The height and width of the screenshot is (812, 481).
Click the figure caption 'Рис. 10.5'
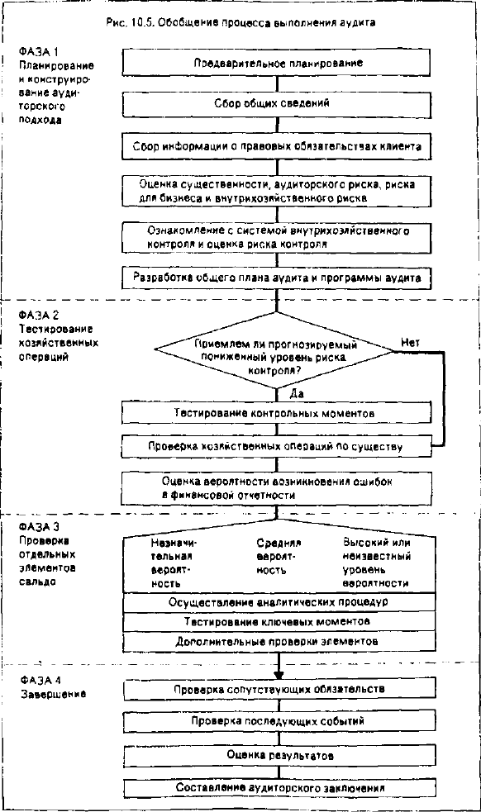pyautogui.click(x=127, y=22)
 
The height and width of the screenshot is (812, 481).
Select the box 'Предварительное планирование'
pyautogui.click(x=276, y=63)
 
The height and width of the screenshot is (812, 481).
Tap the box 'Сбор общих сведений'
pyautogui.click(x=276, y=103)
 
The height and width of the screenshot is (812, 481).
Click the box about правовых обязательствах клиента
pyautogui.click(x=276, y=146)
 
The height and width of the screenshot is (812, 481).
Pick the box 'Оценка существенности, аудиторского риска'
pyautogui.click(x=276, y=191)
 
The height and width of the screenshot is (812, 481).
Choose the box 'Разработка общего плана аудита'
pyautogui.click(x=276, y=277)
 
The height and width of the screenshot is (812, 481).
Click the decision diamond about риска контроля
pyautogui.click(x=274, y=350)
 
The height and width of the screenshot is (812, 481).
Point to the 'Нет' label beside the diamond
pyautogui.click(x=410, y=342)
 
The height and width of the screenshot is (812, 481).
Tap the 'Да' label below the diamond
pyautogui.click(x=297, y=394)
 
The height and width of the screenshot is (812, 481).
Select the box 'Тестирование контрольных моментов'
pyautogui.click(x=276, y=413)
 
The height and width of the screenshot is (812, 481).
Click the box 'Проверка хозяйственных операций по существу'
pyautogui.click(x=276, y=446)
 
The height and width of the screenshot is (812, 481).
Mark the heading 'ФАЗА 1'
pyautogui.click(x=39, y=52)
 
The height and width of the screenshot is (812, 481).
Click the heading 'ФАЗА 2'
pyautogui.click(x=39, y=315)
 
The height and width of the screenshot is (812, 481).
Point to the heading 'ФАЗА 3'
pyautogui.click(x=39, y=527)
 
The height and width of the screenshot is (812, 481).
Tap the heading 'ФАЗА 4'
pyautogui.click(x=40, y=680)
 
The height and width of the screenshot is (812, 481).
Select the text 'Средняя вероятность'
pyautogui.click(x=279, y=557)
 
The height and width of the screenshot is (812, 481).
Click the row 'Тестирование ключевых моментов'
pyautogui.click(x=279, y=621)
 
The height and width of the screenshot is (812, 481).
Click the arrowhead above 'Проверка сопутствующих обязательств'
pyautogui.click(x=279, y=675)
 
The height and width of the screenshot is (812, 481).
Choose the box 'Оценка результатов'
pyautogui.click(x=279, y=756)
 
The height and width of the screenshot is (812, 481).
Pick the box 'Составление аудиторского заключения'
pyautogui.click(x=279, y=788)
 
